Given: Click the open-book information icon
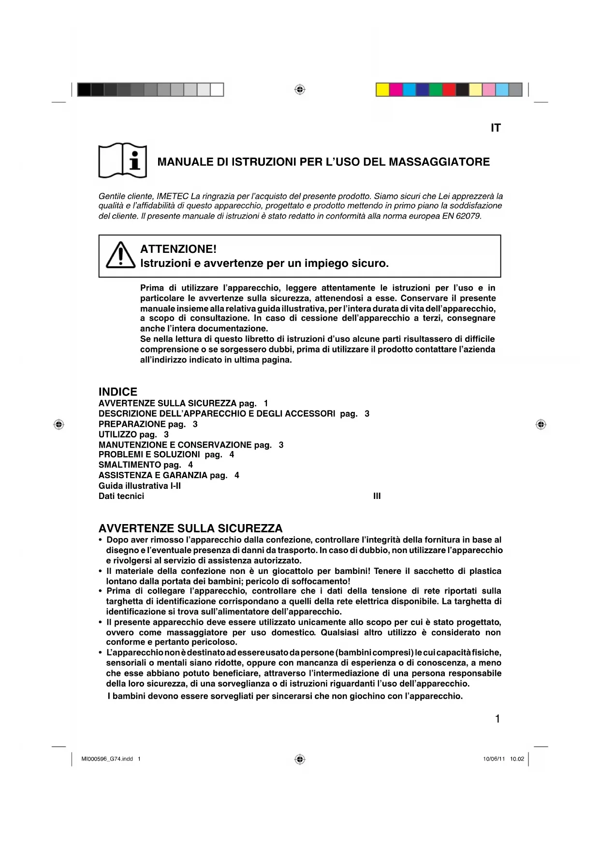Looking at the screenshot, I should point(122,161).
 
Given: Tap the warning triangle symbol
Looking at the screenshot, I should point(120,255).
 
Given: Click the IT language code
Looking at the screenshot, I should point(496,128).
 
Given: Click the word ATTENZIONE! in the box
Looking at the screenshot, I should point(178,249).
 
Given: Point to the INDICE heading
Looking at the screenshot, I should point(118,392).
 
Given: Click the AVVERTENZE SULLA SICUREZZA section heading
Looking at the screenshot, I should point(190,528).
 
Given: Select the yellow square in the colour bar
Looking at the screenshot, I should point(383,90).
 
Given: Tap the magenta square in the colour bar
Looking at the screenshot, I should point(396,90).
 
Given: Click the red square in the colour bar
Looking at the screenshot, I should point(449,90).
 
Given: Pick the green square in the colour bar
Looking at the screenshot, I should point(436,90).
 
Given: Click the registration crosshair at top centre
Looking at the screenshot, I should point(300,90).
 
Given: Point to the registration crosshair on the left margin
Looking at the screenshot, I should point(59,424).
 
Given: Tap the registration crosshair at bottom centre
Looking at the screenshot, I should point(300,760).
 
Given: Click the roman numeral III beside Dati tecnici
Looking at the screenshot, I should point(377,496).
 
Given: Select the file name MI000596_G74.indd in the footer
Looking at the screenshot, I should point(107,759).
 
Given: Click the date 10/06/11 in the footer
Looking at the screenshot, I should point(494,759).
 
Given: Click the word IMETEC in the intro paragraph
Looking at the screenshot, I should point(173,196).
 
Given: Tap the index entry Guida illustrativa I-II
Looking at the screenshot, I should point(140,486).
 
